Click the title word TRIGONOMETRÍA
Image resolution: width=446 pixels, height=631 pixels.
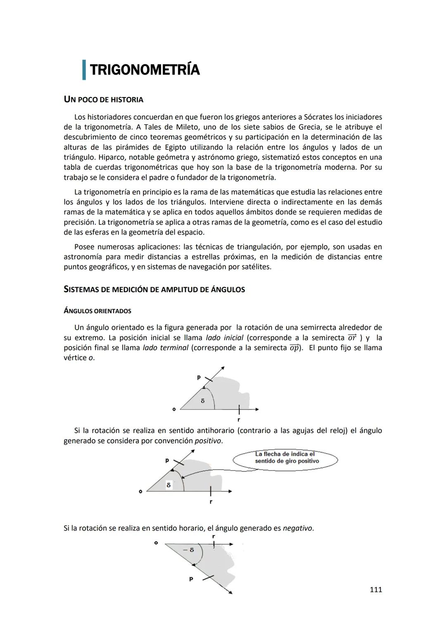(x=145, y=70)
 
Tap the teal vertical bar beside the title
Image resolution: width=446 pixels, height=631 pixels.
(x=84, y=70)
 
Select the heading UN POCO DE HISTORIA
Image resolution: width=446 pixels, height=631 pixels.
(x=103, y=100)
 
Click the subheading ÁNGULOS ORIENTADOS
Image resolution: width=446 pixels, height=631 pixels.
(x=97, y=311)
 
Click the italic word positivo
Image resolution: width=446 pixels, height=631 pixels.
(x=208, y=441)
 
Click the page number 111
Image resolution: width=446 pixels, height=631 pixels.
(x=375, y=590)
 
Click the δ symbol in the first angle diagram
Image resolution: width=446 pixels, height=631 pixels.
(x=202, y=400)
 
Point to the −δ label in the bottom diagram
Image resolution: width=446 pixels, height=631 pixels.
(x=189, y=550)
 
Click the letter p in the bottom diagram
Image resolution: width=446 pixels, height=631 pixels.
(x=191, y=579)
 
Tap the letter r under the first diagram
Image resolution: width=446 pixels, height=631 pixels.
(x=239, y=419)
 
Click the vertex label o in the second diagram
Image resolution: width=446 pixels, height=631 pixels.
(x=140, y=491)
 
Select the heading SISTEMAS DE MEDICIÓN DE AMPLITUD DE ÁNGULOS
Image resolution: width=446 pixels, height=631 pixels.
(x=154, y=289)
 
